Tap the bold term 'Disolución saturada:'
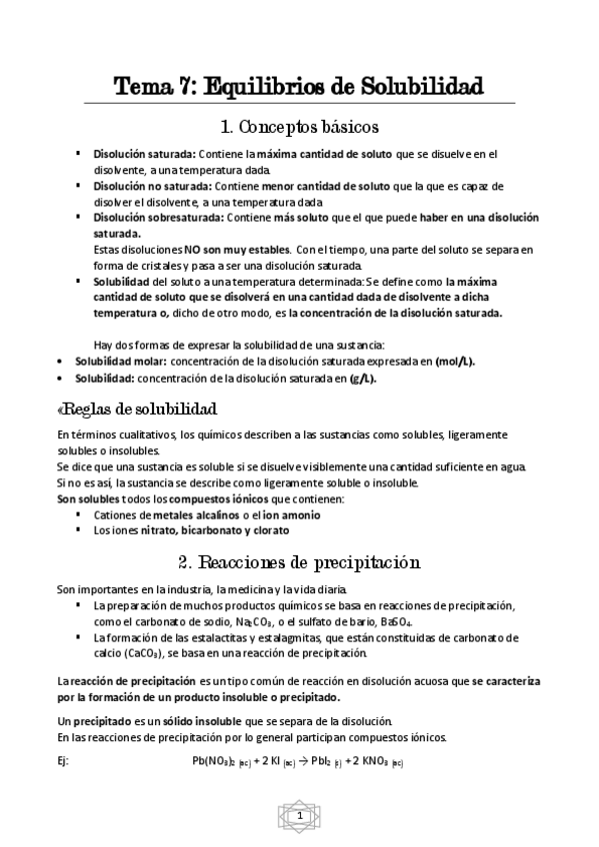pos(145,155)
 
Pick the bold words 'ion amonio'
pos(291,514)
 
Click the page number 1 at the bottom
pos(299,816)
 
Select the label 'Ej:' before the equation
pos(63,761)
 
